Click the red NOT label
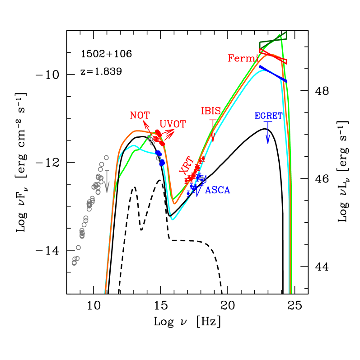tap(140, 116)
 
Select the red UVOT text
tap(173, 125)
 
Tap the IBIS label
tap(211, 111)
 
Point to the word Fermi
tap(243, 58)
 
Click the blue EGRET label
tap(268, 116)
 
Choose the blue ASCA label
tap(218, 191)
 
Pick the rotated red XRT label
tap(186, 165)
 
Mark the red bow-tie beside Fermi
tap(273, 56)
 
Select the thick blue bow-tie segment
tap(273, 74)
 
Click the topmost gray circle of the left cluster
tap(106, 158)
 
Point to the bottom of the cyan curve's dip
tap(173, 220)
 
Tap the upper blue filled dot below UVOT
tap(158, 154)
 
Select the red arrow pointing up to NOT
tap(147, 125)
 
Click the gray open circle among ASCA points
tap(202, 179)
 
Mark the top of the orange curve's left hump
tap(136, 131)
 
